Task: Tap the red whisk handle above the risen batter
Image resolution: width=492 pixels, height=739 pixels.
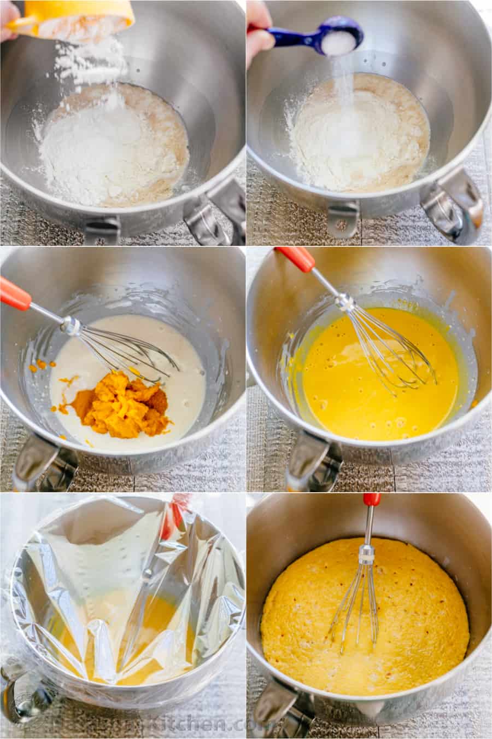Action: (x=372, y=500)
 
